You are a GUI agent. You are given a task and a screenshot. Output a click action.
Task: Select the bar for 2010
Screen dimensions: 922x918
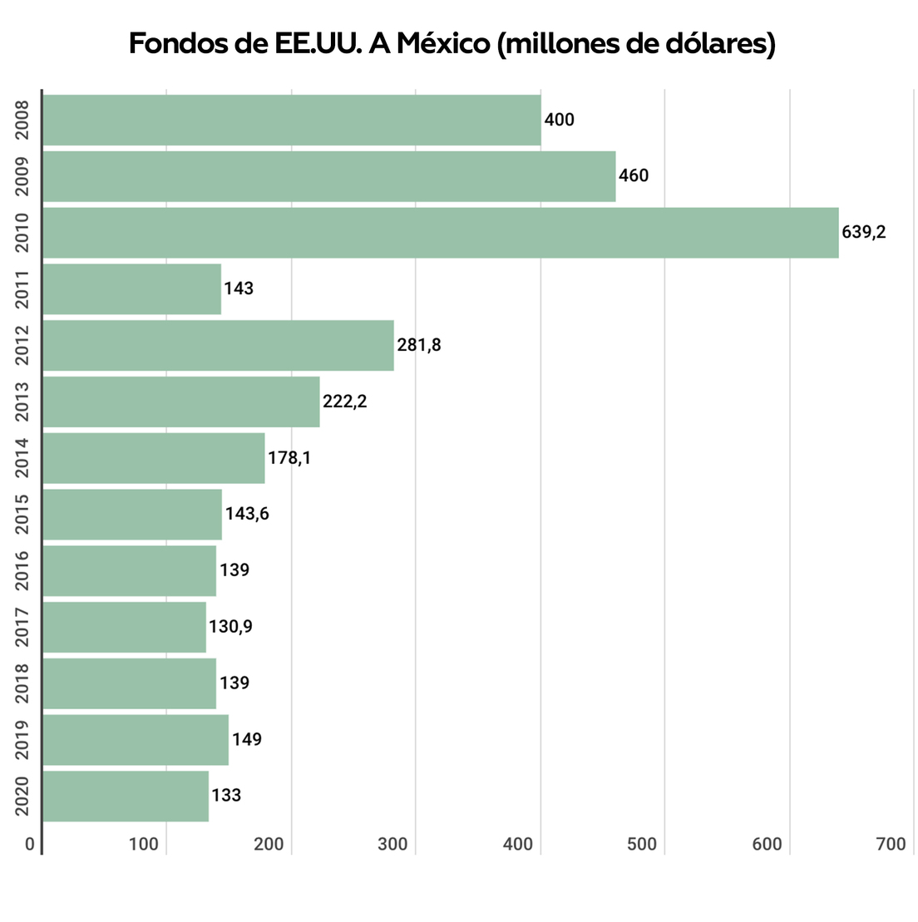[x=440, y=233]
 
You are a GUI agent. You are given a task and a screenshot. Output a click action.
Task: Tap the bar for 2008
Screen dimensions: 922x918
[x=291, y=120]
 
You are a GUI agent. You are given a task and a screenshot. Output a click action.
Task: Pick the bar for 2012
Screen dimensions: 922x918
[x=218, y=345]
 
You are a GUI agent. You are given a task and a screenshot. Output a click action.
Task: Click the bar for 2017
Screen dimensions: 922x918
[x=124, y=627]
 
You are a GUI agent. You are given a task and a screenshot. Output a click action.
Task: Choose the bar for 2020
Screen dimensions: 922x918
[x=125, y=796]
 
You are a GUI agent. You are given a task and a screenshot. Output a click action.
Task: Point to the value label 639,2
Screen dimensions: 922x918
[x=864, y=232]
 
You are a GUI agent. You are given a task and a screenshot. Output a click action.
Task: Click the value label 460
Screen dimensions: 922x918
[x=634, y=175]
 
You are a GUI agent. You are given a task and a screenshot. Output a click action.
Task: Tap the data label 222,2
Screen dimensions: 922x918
[x=344, y=402]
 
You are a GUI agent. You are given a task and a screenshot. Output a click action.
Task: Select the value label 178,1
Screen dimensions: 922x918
[x=289, y=457]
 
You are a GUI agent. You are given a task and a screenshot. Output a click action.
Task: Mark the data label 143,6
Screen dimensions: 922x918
[x=247, y=514]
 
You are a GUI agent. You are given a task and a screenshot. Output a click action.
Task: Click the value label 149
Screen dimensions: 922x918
[x=247, y=739]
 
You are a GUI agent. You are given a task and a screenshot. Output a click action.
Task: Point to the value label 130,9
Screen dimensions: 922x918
[x=230, y=627]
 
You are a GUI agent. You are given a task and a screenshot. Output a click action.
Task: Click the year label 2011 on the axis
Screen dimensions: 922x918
[x=22, y=288]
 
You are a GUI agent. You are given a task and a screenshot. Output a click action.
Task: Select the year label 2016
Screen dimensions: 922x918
[x=22, y=570]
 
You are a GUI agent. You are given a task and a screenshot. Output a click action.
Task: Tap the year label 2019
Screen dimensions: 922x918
[x=22, y=739]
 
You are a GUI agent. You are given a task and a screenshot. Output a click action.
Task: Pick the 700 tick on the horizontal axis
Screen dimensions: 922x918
[x=891, y=845]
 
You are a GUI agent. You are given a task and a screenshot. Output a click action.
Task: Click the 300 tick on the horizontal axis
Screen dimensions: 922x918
[x=392, y=845]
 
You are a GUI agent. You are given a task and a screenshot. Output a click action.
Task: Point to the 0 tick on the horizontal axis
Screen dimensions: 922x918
[x=30, y=845]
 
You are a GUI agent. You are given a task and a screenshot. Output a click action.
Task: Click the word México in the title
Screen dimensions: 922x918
[x=442, y=43]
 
